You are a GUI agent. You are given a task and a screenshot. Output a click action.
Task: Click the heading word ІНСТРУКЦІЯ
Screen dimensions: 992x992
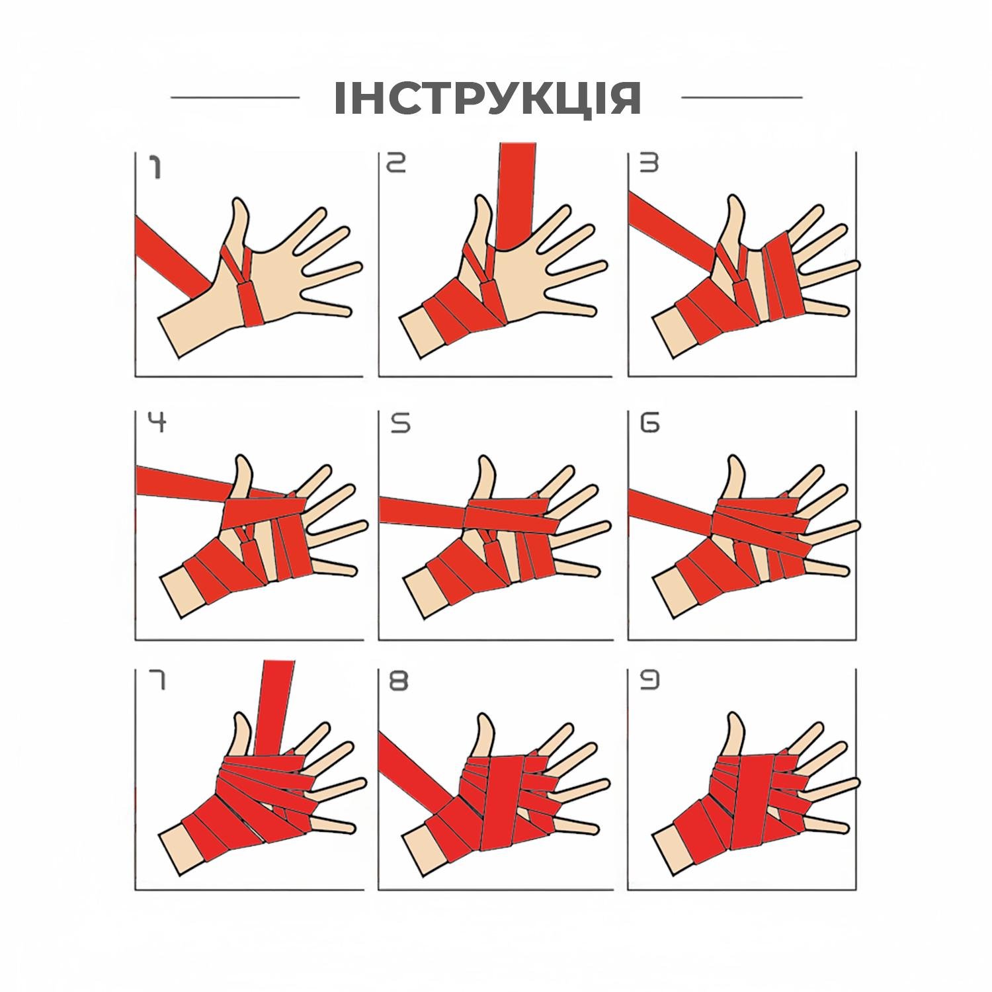(487, 99)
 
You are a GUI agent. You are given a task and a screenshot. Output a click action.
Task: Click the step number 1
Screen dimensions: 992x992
(155, 167)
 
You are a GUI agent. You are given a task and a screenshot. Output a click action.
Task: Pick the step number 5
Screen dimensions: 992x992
(400, 423)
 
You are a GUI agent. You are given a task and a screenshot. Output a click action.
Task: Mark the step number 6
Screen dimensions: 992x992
(649, 423)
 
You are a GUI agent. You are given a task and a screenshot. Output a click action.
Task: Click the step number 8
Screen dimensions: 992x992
(398, 681)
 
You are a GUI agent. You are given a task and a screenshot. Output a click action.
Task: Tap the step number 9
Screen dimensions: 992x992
(649, 681)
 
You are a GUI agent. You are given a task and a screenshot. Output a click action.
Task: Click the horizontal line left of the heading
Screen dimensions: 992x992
(235, 97)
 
